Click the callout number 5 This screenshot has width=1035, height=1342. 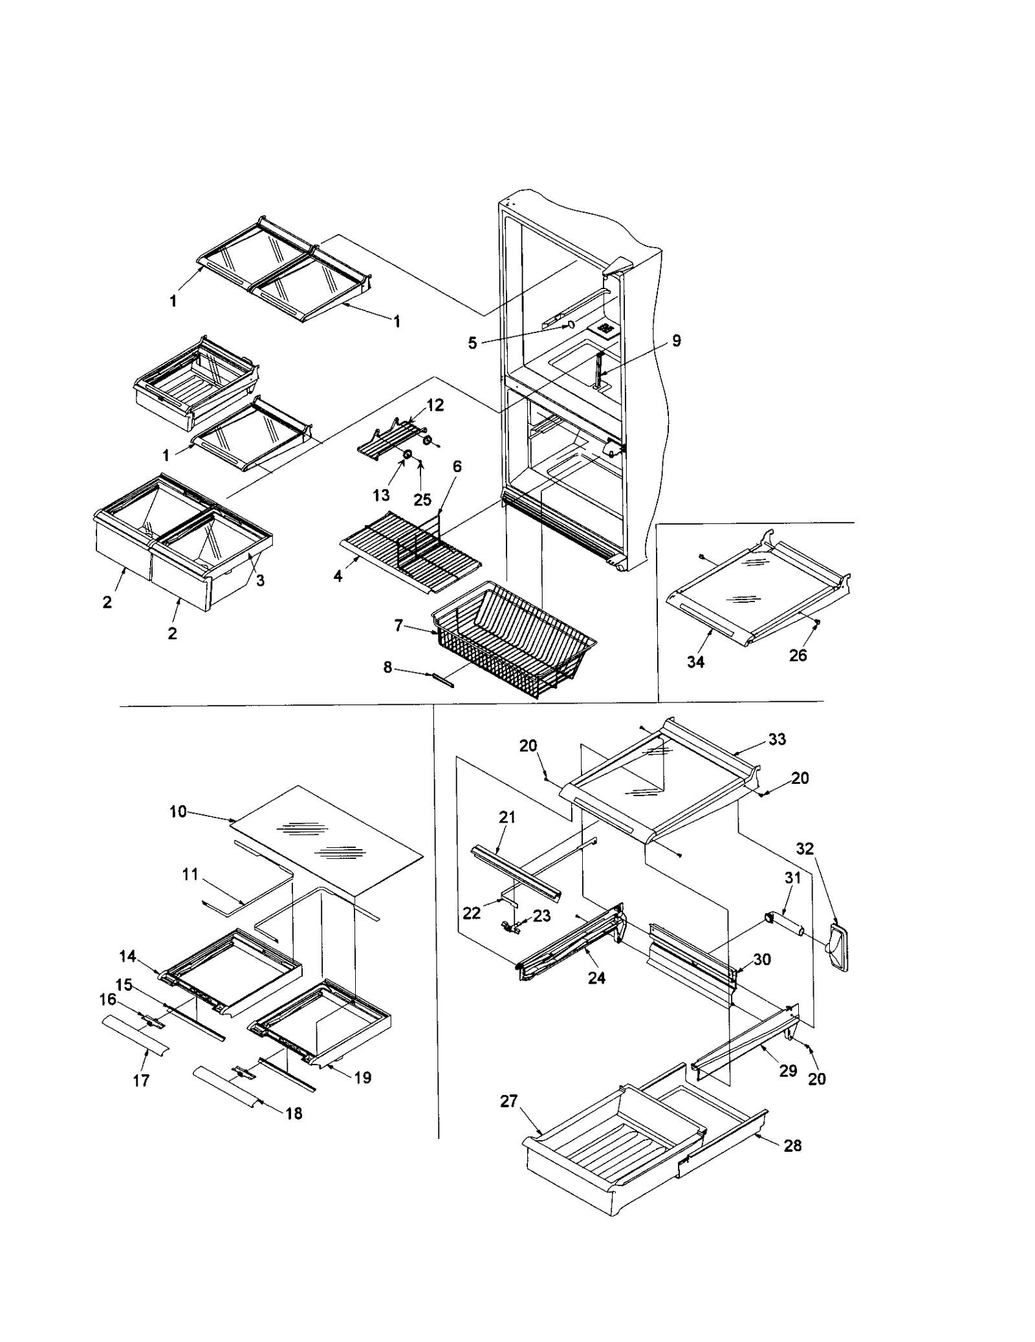coord(473,343)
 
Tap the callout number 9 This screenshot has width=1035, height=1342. coord(676,341)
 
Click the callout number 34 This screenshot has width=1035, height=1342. coord(695,661)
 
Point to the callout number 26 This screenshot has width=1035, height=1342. coord(798,655)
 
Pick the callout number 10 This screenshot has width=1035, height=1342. coord(178,811)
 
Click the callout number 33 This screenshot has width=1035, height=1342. coord(777,739)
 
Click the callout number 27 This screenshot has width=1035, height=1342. coord(508,1101)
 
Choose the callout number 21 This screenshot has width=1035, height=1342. coord(507,817)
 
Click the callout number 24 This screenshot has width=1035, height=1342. coord(596,978)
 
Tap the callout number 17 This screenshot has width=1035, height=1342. coord(141,1080)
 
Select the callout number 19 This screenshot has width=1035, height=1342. coord(363,1077)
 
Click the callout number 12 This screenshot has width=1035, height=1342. coord(435,406)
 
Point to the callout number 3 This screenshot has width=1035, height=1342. coord(260,580)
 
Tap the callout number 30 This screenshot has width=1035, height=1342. coord(762,960)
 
